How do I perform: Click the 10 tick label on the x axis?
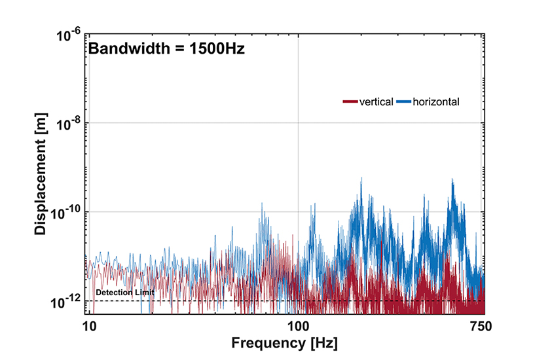pyautogui.click(x=89, y=325)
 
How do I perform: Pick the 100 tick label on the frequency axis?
pyautogui.click(x=298, y=325)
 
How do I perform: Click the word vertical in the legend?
pyautogui.click(x=376, y=101)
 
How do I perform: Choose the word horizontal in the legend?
pyautogui.click(x=436, y=101)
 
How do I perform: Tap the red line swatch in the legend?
pyautogui.click(x=350, y=101)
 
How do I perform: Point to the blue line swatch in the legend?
pyautogui.click(x=403, y=101)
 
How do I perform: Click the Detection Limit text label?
pyautogui.click(x=125, y=292)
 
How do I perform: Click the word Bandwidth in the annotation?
pyautogui.click(x=123, y=48)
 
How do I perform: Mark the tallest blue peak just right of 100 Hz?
pyautogui.click(x=361, y=179)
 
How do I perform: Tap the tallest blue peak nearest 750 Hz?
pyautogui.click(x=452, y=179)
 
